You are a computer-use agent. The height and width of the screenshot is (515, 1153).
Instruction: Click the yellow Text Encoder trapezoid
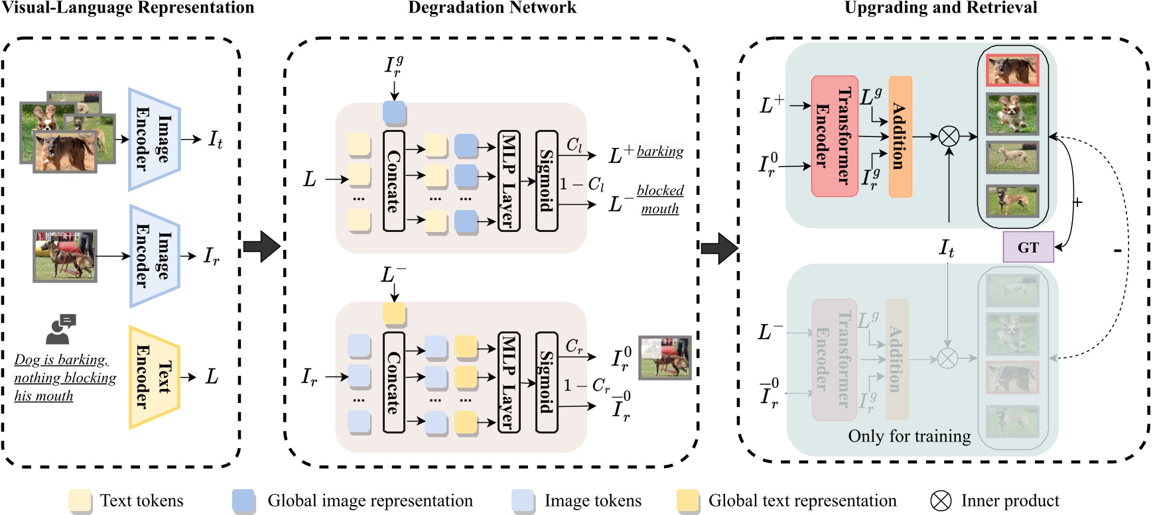(x=154, y=376)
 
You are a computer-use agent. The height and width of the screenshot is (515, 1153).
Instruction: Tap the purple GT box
(x=1028, y=247)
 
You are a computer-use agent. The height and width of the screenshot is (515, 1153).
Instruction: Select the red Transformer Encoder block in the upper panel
(x=834, y=136)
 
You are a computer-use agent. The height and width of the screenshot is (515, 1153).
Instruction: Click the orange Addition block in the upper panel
(x=900, y=136)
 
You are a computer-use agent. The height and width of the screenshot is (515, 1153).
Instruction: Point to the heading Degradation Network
(x=492, y=8)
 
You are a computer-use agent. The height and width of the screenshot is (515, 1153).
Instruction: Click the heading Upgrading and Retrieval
(x=940, y=8)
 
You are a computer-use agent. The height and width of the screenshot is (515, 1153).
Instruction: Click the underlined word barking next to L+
(x=659, y=151)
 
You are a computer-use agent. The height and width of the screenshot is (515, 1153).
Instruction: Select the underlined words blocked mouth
(x=659, y=200)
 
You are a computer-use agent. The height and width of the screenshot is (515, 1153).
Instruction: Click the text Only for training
(x=909, y=436)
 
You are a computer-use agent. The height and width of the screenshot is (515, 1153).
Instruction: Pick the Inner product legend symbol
(x=940, y=501)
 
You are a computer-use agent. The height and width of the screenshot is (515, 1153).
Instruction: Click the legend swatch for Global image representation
(x=243, y=501)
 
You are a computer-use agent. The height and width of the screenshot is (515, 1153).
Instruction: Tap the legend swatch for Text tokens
(x=80, y=501)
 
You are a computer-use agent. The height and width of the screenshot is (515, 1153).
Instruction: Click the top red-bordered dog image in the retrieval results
(x=1012, y=70)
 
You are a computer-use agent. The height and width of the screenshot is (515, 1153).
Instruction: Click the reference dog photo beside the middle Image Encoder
(x=65, y=256)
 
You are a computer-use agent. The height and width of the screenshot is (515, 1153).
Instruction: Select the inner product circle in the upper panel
(x=949, y=137)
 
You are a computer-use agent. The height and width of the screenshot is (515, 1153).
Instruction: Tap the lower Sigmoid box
(x=546, y=382)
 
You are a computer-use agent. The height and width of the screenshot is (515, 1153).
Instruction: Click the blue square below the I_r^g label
(x=394, y=112)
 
